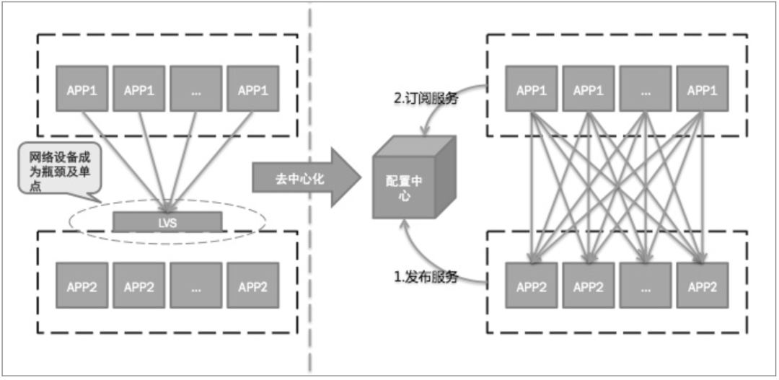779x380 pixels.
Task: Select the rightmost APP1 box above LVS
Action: pyautogui.click(x=252, y=90)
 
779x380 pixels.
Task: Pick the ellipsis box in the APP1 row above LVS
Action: pyautogui.click(x=195, y=90)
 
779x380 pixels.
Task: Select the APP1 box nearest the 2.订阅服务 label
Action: pyautogui.click(x=532, y=90)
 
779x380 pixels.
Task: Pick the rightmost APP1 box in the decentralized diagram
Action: pyautogui.click(x=702, y=90)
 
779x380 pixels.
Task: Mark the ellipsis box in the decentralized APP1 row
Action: pyautogui.click(x=645, y=90)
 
